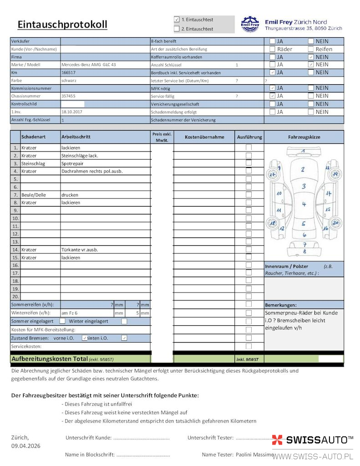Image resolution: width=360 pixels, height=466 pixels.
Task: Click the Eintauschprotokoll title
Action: click(62, 25)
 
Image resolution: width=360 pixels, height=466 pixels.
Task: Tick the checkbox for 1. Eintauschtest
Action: click(177, 20)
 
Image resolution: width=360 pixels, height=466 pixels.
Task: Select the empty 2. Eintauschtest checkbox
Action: click(177, 29)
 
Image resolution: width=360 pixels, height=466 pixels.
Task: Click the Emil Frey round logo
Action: click(250, 24)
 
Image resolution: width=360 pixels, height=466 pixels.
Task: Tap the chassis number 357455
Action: click(68, 96)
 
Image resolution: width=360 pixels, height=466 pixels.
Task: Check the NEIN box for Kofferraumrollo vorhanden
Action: click(311, 57)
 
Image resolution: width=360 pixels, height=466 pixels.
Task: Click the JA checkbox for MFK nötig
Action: click(272, 88)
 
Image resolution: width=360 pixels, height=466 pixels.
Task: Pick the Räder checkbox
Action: click(272, 49)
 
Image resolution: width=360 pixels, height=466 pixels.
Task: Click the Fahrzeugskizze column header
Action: click(304, 137)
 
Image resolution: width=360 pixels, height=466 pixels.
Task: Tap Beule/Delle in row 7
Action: click(34, 195)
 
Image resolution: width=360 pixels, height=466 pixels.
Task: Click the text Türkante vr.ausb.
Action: click(80, 250)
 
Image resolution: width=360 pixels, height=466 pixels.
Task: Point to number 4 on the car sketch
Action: click(304, 204)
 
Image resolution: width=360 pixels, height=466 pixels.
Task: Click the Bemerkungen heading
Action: click(280, 305)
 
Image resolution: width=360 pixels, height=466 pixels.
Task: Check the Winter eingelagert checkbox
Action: click(124, 321)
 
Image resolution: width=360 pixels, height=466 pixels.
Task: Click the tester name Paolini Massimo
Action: click(254, 455)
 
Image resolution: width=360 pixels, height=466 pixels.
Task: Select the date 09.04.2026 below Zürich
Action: click(25, 446)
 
